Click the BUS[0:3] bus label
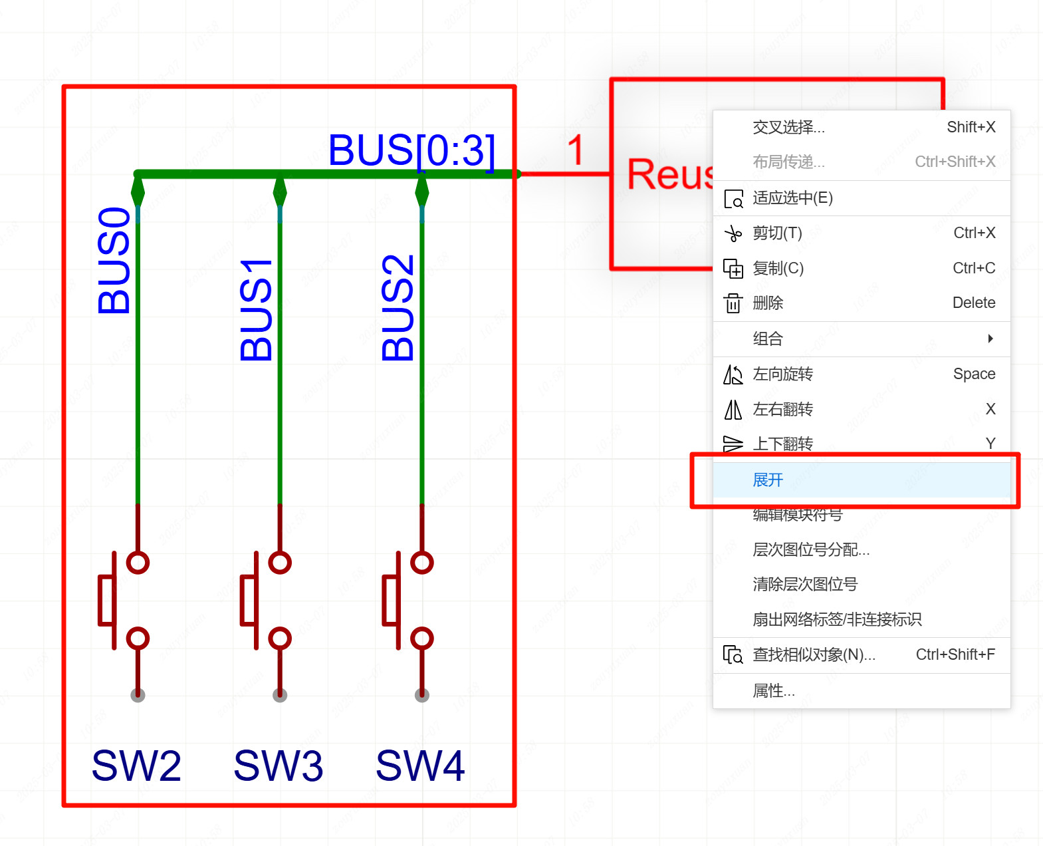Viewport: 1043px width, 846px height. pos(411,150)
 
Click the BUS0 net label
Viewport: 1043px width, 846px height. pos(114,261)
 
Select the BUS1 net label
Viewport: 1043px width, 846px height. pos(256,310)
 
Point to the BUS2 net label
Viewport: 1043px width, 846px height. pos(398,308)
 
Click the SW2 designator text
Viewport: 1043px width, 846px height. pos(136,766)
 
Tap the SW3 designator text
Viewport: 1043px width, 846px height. pos(278,766)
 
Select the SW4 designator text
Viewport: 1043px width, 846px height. pos(420,766)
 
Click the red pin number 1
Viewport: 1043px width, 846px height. pos(576,150)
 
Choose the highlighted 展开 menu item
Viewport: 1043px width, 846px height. pos(768,480)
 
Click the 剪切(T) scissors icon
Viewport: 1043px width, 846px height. pos(733,233)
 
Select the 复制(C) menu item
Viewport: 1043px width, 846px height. pos(778,268)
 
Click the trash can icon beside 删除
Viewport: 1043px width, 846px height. pos(733,303)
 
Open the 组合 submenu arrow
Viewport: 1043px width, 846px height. pos(990,339)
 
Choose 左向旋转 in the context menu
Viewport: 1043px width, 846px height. pos(782,374)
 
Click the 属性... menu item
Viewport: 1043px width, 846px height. pos(773,691)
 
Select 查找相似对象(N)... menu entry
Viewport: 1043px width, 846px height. pos(814,655)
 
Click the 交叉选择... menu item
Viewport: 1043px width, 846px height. pos(788,127)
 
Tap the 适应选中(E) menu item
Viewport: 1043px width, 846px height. pos(792,198)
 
